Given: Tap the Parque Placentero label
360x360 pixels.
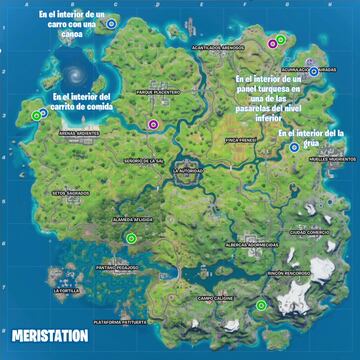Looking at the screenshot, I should [157, 91].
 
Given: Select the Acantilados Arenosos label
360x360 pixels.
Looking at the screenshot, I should [217, 47].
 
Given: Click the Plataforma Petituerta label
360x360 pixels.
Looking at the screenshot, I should [126, 323].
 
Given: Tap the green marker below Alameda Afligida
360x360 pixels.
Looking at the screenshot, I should [132, 237].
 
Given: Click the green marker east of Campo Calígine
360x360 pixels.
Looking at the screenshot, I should [261, 305].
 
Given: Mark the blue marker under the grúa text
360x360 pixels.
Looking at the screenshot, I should [293, 147].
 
